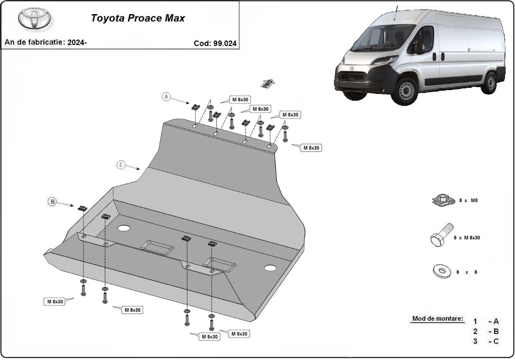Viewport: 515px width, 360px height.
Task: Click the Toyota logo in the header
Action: click(x=34, y=18)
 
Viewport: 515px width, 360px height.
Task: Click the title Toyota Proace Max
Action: click(x=138, y=18)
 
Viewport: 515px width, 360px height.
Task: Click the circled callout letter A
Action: click(x=167, y=97)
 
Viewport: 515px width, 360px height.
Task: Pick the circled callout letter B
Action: click(x=52, y=201)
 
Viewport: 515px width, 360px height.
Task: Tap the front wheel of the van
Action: click(x=405, y=91)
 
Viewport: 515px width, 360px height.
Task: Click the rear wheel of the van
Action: click(x=489, y=82)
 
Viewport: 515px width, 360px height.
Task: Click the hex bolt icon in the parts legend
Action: click(x=440, y=236)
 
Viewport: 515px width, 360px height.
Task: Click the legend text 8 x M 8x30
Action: click(x=467, y=237)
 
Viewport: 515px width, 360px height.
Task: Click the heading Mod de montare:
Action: click(x=438, y=319)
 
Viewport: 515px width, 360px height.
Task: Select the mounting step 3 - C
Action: click(x=486, y=341)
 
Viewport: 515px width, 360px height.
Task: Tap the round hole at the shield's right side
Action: click(x=270, y=268)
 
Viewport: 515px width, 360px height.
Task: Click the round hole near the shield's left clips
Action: click(x=124, y=228)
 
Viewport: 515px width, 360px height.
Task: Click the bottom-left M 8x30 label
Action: click(x=55, y=302)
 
